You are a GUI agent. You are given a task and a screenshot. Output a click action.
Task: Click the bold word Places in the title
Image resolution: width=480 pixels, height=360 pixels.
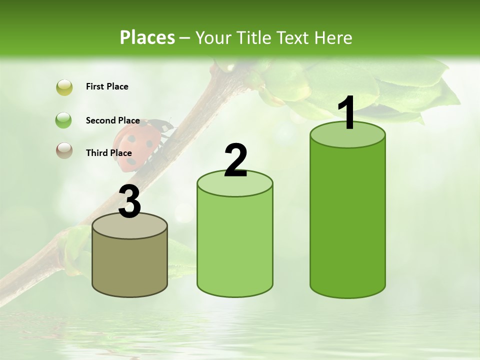tap(147, 37)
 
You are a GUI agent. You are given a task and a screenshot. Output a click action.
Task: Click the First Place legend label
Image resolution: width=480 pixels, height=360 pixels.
tap(107, 86)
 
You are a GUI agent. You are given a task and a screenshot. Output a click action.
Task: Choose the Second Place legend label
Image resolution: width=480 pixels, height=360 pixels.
tap(112, 120)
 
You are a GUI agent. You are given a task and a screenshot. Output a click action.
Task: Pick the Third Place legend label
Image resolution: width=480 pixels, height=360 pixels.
tap(108, 153)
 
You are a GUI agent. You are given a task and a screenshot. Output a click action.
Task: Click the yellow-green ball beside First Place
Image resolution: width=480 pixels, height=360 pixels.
tap(64, 87)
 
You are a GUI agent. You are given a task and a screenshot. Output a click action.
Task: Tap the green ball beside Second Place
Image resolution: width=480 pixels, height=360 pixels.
tap(64, 120)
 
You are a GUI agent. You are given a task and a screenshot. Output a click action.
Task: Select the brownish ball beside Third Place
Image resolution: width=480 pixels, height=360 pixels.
tap(64, 150)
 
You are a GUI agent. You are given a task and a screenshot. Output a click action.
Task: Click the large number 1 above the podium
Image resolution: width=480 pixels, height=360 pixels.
tap(347, 113)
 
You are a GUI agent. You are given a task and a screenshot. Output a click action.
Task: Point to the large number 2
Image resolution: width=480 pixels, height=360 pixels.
tap(236, 160)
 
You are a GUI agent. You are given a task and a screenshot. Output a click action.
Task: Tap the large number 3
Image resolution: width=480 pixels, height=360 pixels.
tap(130, 201)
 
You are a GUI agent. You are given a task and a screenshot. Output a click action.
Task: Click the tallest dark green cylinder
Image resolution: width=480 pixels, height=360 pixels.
tap(347, 220)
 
